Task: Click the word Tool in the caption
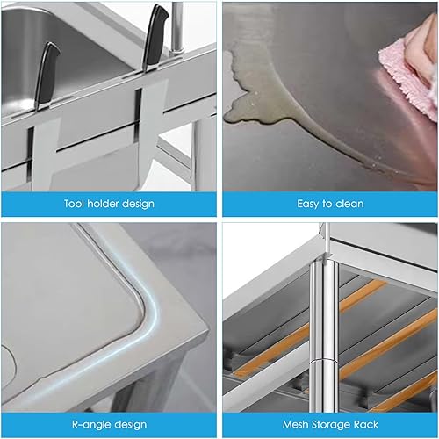(75, 204)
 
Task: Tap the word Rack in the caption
(366, 424)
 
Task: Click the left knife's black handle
(47, 73)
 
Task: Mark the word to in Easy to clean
(327, 204)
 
